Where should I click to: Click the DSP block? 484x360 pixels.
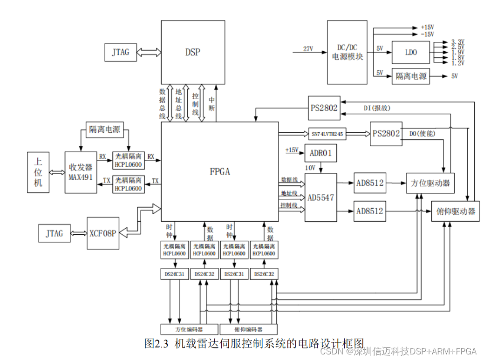(x=192, y=52)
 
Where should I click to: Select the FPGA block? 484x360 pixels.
(x=219, y=171)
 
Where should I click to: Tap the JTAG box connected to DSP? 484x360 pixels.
(x=120, y=52)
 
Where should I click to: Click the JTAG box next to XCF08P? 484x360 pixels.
(x=54, y=233)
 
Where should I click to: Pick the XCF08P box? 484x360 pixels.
(x=102, y=233)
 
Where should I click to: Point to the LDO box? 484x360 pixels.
(x=410, y=53)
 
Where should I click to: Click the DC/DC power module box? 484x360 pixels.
(x=347, y=52)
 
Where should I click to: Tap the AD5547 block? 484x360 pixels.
(x=321, y=197)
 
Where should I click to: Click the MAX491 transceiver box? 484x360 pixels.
(x=81, y=172)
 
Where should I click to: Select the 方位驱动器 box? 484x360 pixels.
(x=430, y=183)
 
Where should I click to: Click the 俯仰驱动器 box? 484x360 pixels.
(x=455, y=211)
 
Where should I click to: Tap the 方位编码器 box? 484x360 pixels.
(x=189, y=328)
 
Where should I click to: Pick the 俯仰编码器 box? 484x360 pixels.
(x=248, y=328)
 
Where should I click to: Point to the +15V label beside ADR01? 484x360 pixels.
(x=292, y=150)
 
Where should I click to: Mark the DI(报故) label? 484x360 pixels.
(x=377, y=108)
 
